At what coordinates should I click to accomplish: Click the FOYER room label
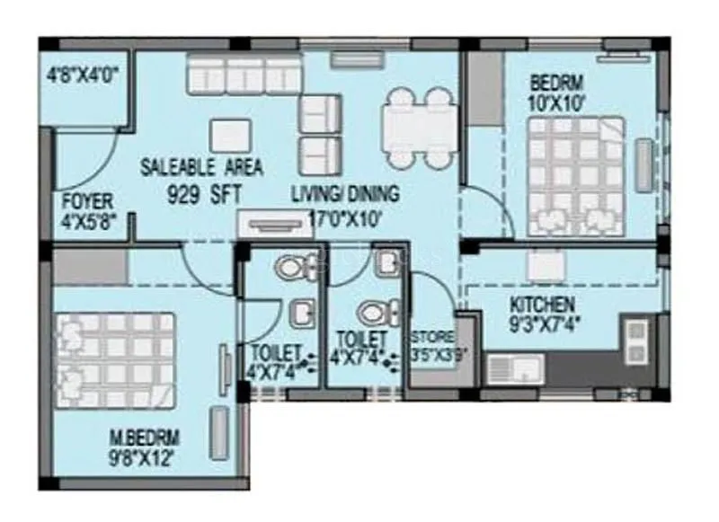[87, 200]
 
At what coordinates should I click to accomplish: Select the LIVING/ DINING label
[344, 193]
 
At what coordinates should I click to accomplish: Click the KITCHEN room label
[542, 305]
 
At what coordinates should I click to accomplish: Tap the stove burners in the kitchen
[636, 341]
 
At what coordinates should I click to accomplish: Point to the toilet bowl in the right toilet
[372, 314]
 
